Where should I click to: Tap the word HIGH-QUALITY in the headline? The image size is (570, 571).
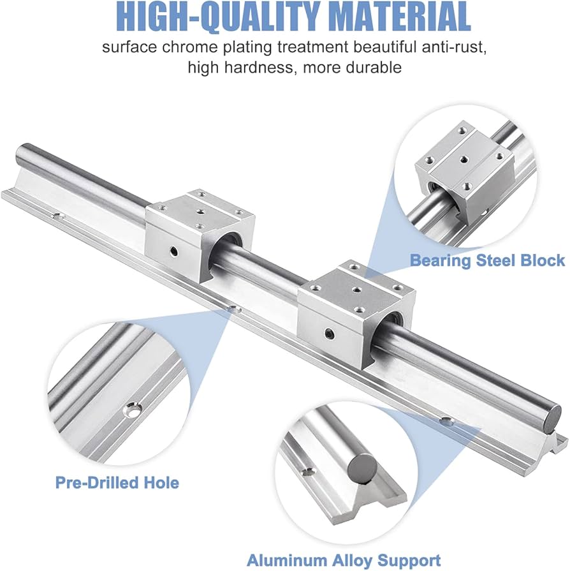click(219, 17)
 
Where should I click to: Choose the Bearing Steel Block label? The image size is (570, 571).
click(487, 261)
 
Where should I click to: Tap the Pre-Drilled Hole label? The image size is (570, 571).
click(117, 483)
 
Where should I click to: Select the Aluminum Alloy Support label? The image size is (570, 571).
click(344, 560)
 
